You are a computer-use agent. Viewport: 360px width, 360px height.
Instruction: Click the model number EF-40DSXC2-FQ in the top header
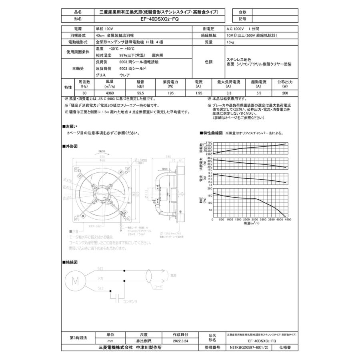pos(158,19)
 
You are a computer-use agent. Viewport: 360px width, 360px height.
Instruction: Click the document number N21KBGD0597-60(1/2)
pos(247,348)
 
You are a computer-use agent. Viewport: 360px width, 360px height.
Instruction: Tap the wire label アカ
pos(100,279)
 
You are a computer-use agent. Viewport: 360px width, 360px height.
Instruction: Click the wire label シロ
pos(100,269)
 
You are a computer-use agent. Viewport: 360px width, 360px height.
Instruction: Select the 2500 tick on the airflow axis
pos(255,220)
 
